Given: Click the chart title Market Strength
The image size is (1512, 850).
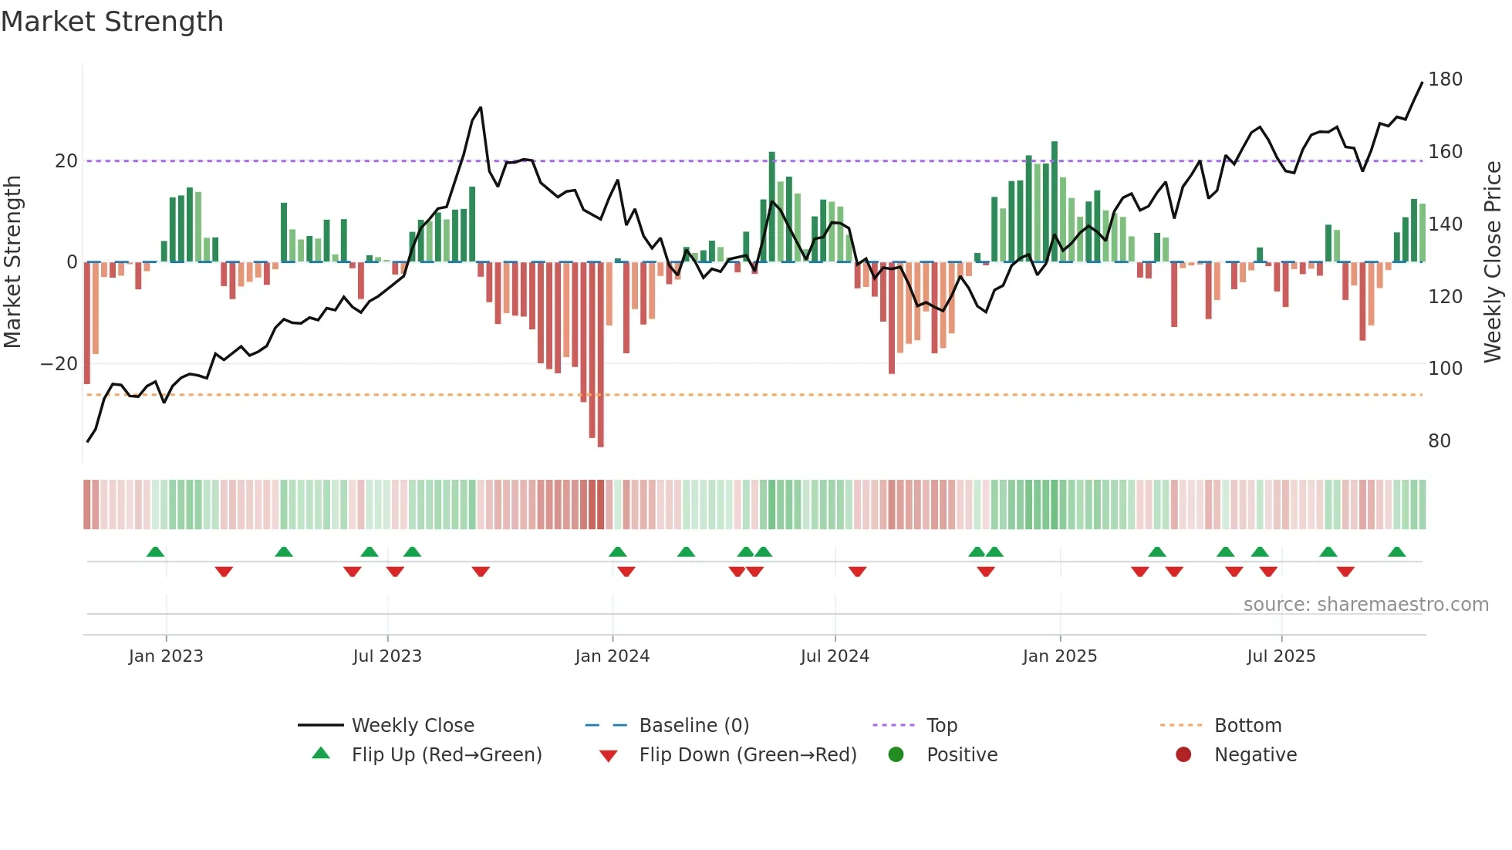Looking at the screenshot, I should click(x=112, y=22).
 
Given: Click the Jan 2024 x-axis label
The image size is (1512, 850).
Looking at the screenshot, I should click(x=612, y=656).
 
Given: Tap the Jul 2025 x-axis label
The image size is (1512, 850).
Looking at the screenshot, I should click(x=1281, y=656).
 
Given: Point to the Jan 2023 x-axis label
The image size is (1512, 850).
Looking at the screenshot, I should click(x=166, y=656).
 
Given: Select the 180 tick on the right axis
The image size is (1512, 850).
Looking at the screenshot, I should click(x=1445, y=79).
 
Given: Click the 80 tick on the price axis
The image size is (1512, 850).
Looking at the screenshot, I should click(x=1439, y=441).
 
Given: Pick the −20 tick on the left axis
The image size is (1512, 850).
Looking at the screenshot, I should click(x=59, y=364).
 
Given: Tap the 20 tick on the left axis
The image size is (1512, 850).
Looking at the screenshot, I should click(x=66, y=161).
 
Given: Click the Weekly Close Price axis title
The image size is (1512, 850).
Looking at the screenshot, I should click(x=1493, y=262).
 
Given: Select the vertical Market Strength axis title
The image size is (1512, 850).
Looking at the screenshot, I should click(x=13, y=262).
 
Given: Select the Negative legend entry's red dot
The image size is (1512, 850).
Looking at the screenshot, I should click(x=1183, y=755).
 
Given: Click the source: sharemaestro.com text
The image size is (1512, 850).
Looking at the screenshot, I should click(x=1365, y=605).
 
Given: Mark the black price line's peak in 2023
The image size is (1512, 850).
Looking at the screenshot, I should click(x=481, y=108).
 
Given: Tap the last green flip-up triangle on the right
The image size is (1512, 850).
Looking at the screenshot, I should click(x=1396, y=552).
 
